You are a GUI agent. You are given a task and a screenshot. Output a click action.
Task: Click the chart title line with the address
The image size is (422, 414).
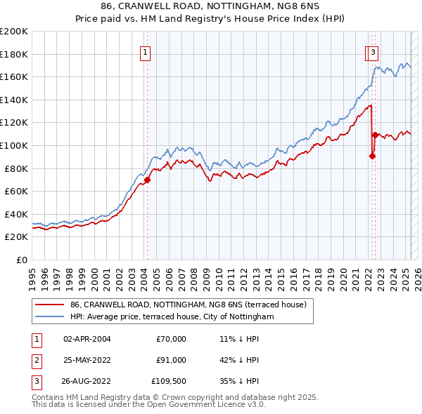[211, 8]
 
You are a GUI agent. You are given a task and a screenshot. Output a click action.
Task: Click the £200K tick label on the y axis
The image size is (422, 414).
[14, 32]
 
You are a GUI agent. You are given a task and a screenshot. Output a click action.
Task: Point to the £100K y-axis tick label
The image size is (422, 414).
[14, 146]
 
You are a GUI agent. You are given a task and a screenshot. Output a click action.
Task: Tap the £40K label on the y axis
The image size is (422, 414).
[17, 214]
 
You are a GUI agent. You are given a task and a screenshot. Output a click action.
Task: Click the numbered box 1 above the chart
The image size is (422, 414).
[146, 51]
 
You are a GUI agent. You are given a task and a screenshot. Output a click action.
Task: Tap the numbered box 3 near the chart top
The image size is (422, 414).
[372, 51]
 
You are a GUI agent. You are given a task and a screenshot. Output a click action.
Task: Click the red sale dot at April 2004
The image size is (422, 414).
[147, 180]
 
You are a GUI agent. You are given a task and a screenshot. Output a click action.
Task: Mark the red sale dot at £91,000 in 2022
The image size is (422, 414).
[372, 156]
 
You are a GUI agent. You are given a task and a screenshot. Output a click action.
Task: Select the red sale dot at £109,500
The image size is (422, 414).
[375, 135]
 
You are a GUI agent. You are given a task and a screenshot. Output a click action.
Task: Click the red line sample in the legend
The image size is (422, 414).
[49, 305]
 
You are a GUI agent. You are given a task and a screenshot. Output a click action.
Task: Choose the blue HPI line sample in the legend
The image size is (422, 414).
[49, 317]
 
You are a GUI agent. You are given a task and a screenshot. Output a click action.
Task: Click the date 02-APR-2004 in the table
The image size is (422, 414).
[87, 339]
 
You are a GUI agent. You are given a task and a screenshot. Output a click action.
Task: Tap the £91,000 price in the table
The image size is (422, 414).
[171, 360]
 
